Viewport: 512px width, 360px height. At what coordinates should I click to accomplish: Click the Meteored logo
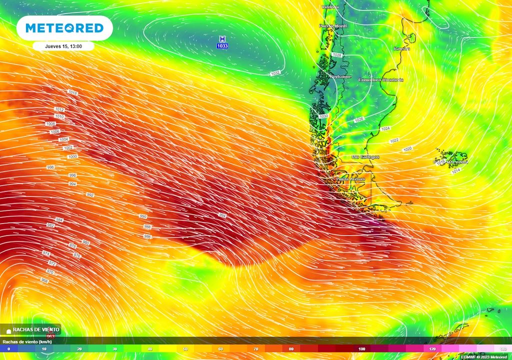click(x=64, y=28)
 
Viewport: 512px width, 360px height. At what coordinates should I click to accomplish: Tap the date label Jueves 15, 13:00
click(x=63, y=46)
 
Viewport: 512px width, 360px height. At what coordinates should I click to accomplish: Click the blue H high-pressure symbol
click(x=222, y=39)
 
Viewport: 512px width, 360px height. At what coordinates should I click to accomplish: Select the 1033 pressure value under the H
click(x=222, y=46)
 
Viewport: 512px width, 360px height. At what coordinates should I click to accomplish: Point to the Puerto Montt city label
click(x=332, y=26)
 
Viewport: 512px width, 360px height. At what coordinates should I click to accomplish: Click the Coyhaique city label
click(x=340, y=77)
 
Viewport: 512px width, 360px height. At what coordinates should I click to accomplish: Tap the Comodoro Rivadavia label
click(x=381, y=80)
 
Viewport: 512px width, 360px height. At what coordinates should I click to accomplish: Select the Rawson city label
click(x=401, y=48)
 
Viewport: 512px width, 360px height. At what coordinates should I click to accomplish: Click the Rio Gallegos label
click(x=365, y=157)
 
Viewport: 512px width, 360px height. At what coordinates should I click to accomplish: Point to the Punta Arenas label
click(x=350, y=179)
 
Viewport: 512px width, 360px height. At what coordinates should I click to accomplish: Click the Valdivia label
click(x=330, y=7)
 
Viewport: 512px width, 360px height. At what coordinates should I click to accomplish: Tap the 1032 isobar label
click(x=275, y=73)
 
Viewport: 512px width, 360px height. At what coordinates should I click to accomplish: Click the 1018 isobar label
click(x=73, y=92)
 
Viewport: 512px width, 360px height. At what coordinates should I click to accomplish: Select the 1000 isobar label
click(x=72, y=156)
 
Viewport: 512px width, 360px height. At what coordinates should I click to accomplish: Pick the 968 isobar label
click(x=44, y=280)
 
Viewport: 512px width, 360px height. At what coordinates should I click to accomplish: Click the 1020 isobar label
click(x=407, y=149)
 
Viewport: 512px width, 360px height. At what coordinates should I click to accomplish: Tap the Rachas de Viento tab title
click(x=33, y=329)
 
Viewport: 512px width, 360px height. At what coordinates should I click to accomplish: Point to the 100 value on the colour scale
click(x=361, y=348)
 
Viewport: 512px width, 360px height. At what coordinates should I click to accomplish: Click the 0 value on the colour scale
click(x=8, y=348)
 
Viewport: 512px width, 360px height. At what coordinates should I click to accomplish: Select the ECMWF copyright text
click(x=483, y=357)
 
